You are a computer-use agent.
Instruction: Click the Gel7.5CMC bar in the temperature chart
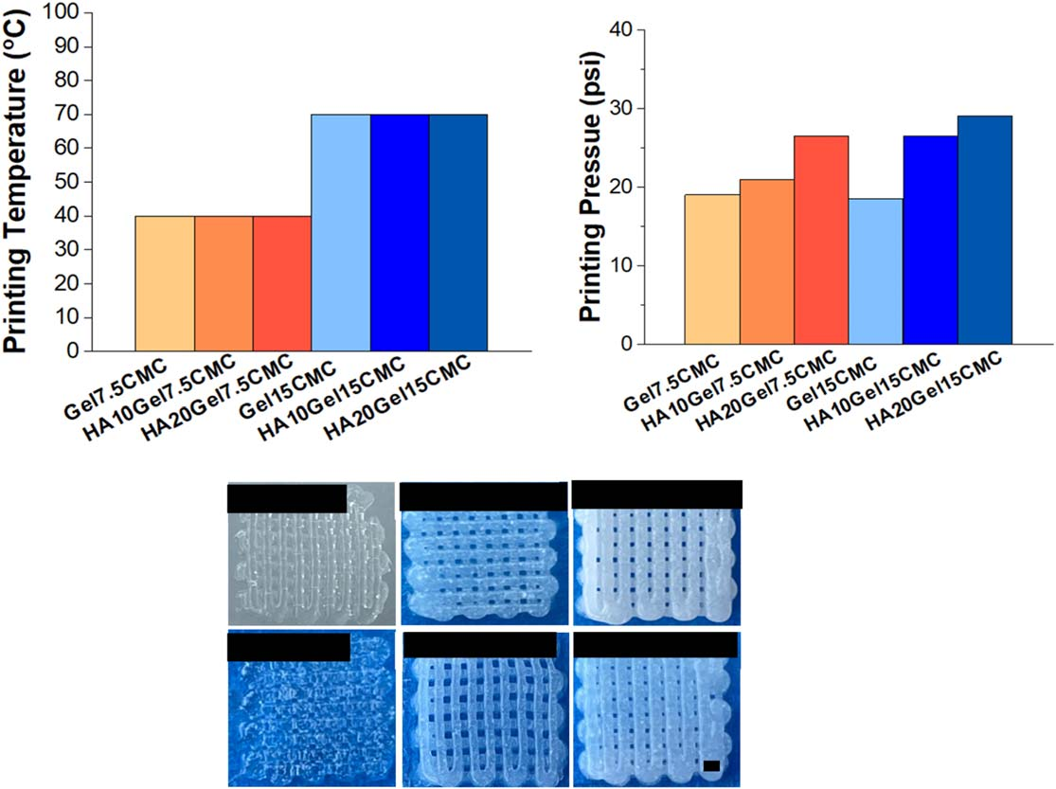point(165,283)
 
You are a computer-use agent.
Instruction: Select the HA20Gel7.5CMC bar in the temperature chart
point(282,283)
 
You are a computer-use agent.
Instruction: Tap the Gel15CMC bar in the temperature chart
point(341,232)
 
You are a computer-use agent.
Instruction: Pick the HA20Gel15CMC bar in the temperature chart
point(458,232)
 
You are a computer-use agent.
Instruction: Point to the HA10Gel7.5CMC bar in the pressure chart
point(767,261)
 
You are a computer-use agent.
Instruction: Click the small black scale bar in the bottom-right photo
point(712,764)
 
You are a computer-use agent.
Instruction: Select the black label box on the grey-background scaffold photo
point(287,498)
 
